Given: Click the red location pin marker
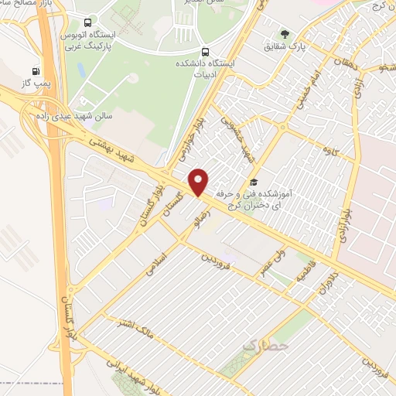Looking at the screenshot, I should [200, 181].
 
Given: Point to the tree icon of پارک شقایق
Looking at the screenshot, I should [285, 34].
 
